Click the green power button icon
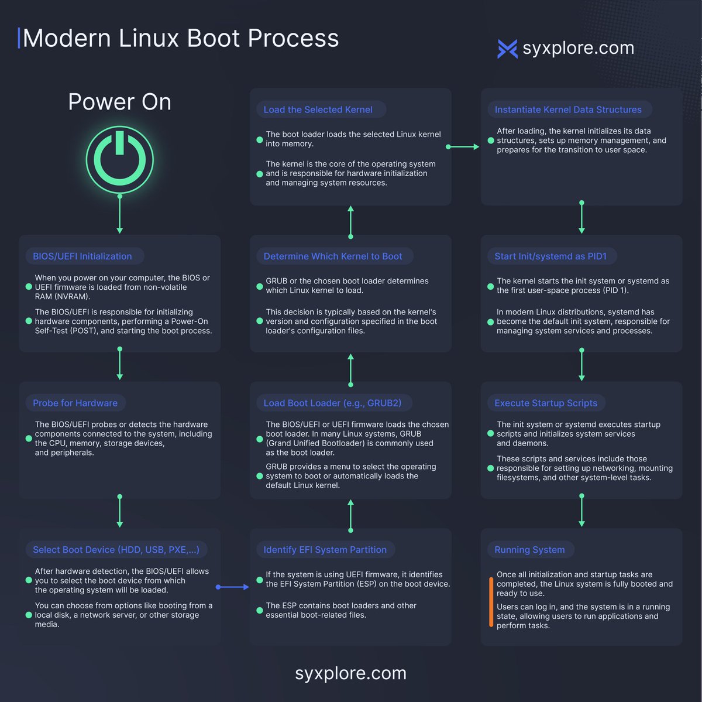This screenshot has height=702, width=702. [x=119, y=159]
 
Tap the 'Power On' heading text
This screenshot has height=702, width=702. [x=119, y=102]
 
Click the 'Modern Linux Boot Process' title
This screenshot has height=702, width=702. [x=180, y=38]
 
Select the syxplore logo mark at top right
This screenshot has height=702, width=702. [x=507, y=49]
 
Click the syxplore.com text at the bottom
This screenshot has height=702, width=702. [x=350, y=673]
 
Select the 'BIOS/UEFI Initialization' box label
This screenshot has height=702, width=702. [x=82, y=256]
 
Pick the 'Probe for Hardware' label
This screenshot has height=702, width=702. [x=75, y=403]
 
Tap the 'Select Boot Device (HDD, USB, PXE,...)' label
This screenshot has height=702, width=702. [x=116, y=550]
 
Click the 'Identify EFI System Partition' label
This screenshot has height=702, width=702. [x=325, y=550]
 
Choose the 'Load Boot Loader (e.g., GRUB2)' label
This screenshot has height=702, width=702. [x=332, y=403]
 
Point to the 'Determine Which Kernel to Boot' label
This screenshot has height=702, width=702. [x=333, y=256]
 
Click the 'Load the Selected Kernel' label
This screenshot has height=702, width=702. [x=318, y=109]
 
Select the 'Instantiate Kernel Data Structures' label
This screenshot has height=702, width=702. [x=568, y=109]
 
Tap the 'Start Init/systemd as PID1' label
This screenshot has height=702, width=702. [x=550, y=256]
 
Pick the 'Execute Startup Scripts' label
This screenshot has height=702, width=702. [x=546, y=403]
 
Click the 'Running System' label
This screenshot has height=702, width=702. [x=529, y=550]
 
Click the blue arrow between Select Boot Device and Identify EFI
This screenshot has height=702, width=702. [x=233, y=587]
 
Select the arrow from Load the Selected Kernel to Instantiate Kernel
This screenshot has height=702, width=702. [x=463, y=147]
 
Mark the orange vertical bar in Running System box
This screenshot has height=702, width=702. [x=491, y=602]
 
